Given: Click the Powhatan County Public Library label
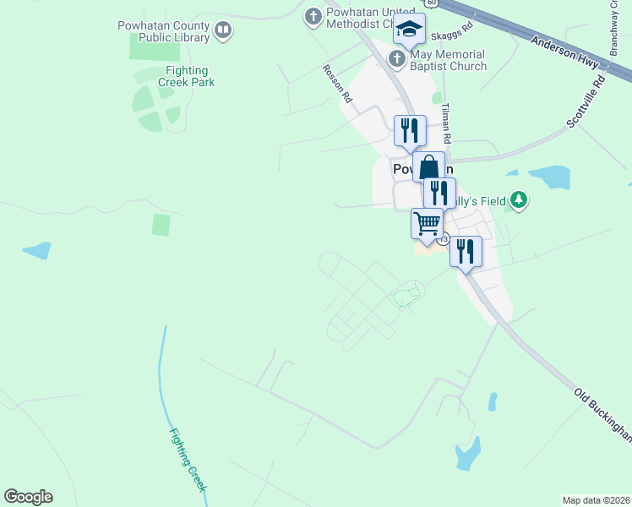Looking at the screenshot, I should [x=163, y=31].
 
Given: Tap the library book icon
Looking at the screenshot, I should [x=223, y=31].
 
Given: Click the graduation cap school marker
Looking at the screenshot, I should [x=409, y=30].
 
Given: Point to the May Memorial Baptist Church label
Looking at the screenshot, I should [x=448, y=60].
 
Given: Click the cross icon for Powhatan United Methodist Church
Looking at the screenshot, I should [x=313, y=15].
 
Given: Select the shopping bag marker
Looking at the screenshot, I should [x=428, y=167].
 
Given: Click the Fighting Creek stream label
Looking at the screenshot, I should [x=188, y=461].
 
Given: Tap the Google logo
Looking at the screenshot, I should [x=28, y=497].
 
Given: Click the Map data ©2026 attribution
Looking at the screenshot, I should [x=596, y=499].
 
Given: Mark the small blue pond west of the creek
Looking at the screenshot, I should [x=36, y=250].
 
